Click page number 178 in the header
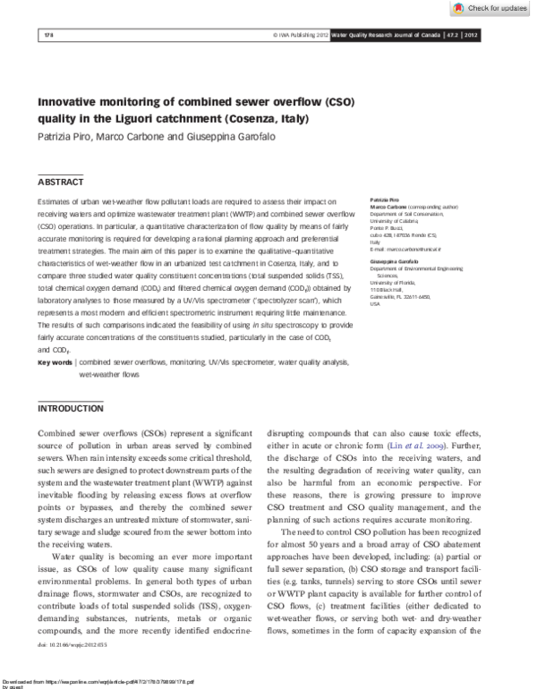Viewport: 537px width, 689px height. coord(49,35)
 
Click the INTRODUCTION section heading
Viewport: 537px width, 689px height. coord(70,408)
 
